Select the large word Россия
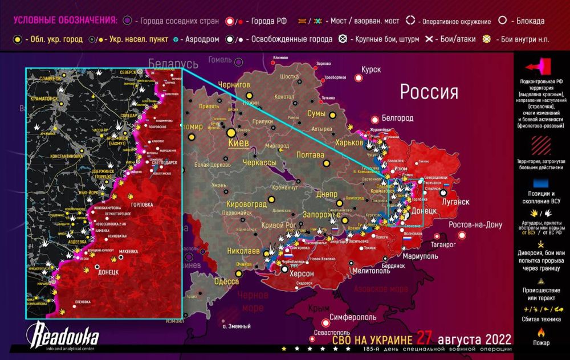(429, 92)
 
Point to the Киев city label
(238, 143)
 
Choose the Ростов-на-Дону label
(475, 224)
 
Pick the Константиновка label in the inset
(59, 156)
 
